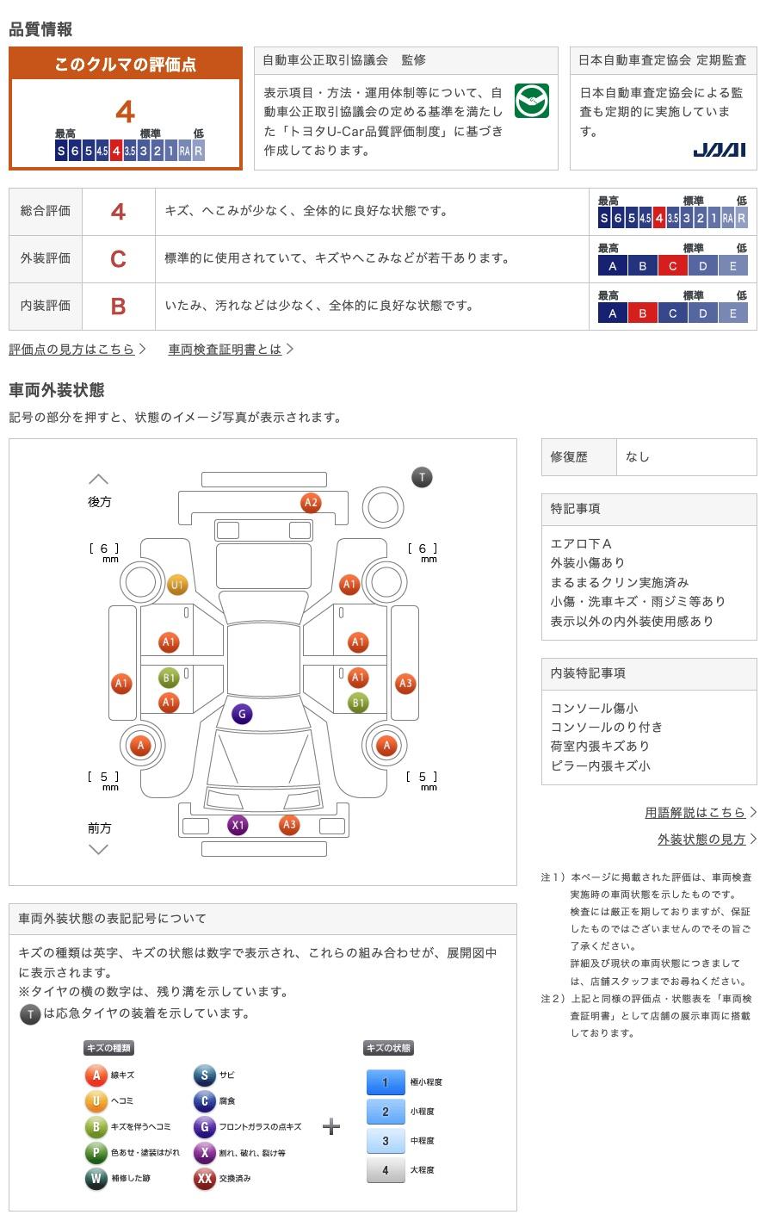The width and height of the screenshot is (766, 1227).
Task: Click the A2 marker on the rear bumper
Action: (x=311, y=503)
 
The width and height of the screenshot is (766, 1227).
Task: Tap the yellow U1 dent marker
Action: (x=176, y=585)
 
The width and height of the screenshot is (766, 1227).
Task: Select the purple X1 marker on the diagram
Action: (x=238, y=825)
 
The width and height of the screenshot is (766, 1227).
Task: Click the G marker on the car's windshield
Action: (x=243, y=714)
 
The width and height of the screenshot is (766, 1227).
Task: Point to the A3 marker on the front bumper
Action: (x=289, y=825)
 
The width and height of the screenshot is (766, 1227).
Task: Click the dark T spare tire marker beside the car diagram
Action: (x=422, y=477)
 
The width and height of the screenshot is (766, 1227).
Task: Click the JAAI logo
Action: (x=720, y=150)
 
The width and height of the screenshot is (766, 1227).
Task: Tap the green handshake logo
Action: (x=532, y=102)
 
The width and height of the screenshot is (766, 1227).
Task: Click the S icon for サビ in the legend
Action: (x=204, y=1075)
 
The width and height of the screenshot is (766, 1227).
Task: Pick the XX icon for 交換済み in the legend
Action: (x=204, y=1178)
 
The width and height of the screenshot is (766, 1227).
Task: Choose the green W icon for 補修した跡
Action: (x=96, y=1178)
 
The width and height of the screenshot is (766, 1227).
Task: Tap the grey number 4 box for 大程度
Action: (x=385, y=1169)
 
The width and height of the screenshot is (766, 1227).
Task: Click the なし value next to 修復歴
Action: (x=638, y=457)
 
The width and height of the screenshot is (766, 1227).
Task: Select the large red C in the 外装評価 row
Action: (x=118, y=258)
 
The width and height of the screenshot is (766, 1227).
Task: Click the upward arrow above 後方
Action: (x=99, y=479)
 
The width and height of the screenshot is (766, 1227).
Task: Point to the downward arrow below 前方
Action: (x=99, y=850)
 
